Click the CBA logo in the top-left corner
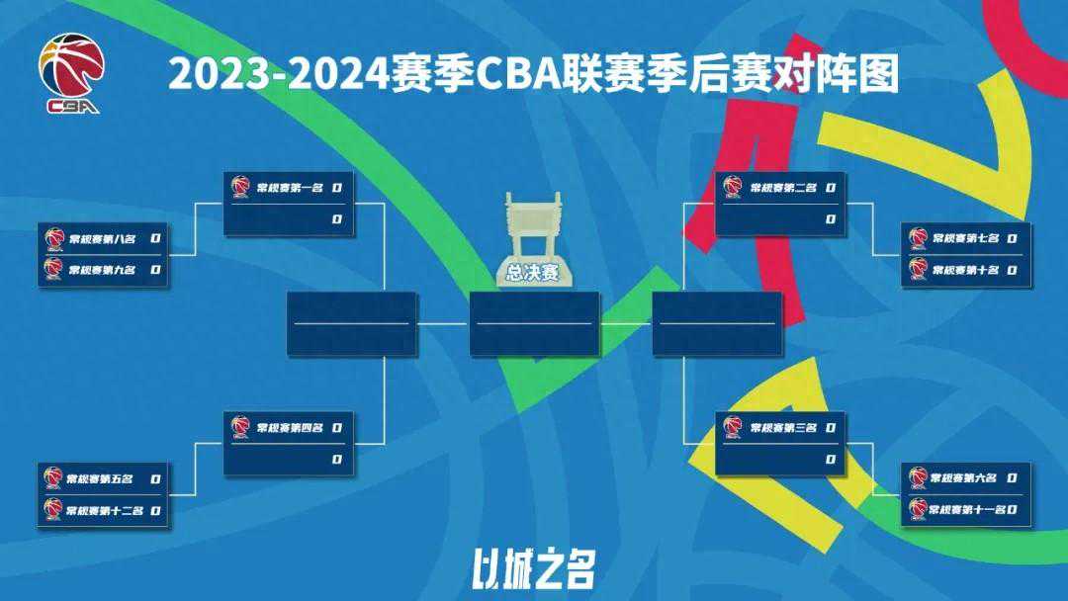click(x=70, y=73)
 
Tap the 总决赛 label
click(x=533, y=274)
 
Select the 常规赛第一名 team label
click(x=290, y=187)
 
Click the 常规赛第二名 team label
click(x=783, y=187)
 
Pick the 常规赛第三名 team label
click(x=783, y=427)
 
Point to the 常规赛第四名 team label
click(x=290, y=427)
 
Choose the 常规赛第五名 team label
click(x=100, y=479)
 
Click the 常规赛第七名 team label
click(x=966, y=238)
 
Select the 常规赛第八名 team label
click(x=103, y=238)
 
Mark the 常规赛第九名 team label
click(x=103, y=269)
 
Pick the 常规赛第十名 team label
click(x=966, y=269)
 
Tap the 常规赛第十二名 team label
click(x=105, y=511)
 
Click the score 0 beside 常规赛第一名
click(x=337, y=187)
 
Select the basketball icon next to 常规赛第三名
click(x=732, y=427)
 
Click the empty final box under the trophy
click(x=534, y=323)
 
